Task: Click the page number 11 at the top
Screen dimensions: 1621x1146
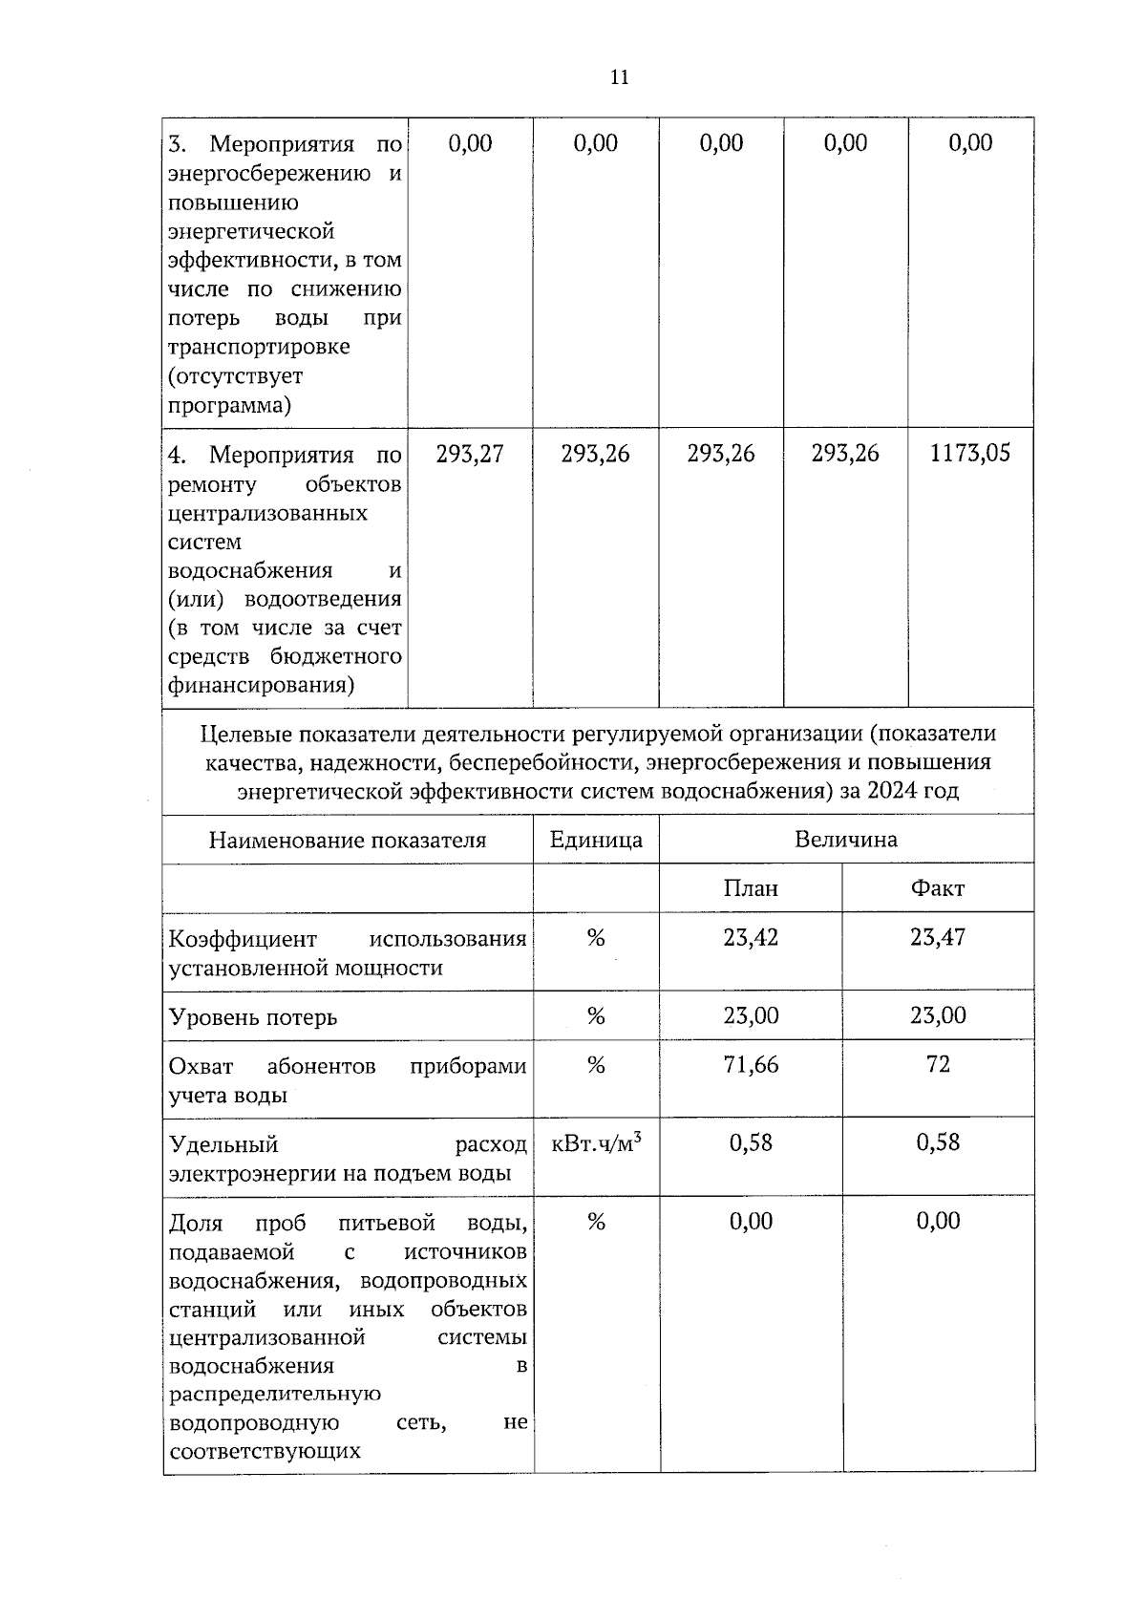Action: (619, 78)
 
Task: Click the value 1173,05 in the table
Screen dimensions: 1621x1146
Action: (969, 454)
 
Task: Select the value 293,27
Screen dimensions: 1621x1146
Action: (470, 454)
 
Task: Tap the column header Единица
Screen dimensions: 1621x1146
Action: (596, 841)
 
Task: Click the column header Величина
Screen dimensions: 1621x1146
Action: (845, 840)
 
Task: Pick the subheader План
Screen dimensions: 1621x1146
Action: (751, 889)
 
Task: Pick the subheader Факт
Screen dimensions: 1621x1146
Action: (937, 889)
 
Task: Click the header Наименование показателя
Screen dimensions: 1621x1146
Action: (348, 841)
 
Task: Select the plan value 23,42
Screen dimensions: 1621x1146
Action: (751, 938)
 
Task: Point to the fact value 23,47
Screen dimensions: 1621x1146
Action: (937, 938)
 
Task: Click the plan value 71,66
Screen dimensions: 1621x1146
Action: (751, 1065)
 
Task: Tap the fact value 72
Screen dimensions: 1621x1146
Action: (937, 1065)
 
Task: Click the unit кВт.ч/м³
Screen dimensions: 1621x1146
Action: (597, 1143)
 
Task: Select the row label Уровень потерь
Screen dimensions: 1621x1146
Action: (253, 1017)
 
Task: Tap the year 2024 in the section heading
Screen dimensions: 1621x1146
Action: (893, 792)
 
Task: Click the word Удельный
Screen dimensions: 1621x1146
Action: (223, 1144)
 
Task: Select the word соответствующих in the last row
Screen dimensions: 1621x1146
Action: (265, 1452)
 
